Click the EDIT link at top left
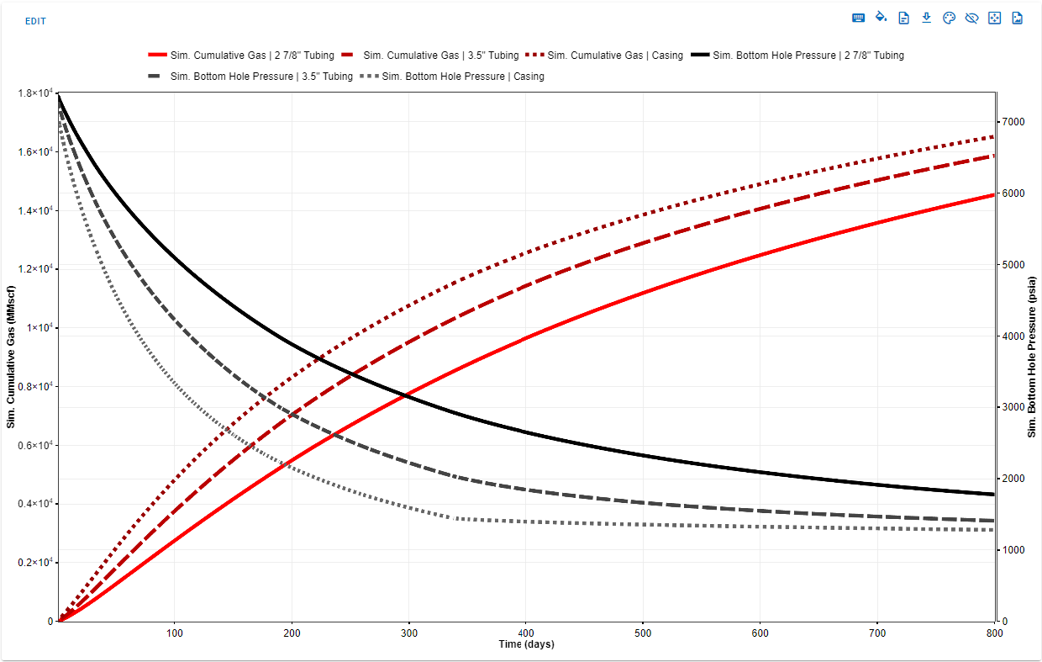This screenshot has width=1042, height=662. (35, 21)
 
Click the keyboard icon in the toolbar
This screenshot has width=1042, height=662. (859, 18)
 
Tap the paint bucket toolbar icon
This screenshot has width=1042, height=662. (881, 18)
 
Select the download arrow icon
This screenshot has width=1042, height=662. (926, 18)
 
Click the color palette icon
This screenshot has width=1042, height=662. (949, 18)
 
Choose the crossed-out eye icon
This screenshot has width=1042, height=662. (971, 18)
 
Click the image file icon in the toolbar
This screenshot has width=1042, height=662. (1017, 18)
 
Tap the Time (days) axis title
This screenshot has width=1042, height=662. (525, 644)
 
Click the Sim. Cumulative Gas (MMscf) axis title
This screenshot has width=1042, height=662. (11, 357)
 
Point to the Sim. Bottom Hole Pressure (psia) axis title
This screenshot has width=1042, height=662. (1032, 357)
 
